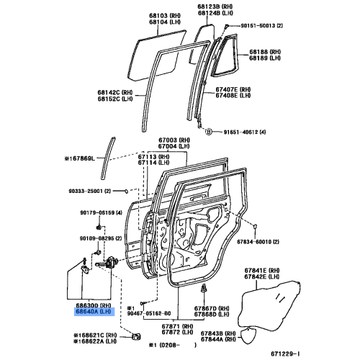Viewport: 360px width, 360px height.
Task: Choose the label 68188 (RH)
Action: (266, 53)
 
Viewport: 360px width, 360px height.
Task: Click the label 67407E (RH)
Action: (256, 90)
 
